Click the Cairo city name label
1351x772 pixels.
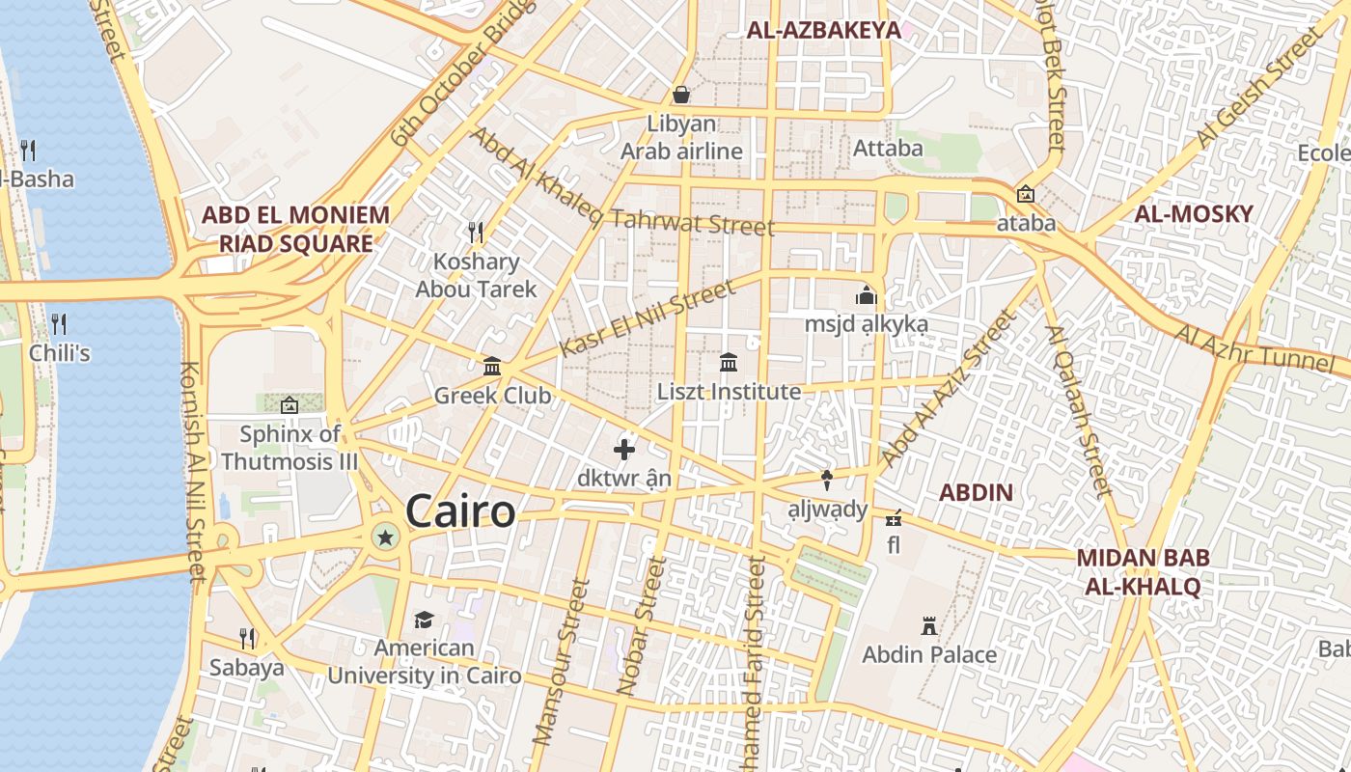click(x=460, y=510)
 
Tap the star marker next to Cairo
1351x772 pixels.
click(x=385, y=537)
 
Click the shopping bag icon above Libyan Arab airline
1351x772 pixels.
click(x=681, y=95)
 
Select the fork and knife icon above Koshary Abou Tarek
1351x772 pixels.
click(x=476, y=232)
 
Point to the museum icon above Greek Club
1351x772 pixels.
click(x=492, y=366)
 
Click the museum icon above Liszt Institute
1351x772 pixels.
click(x=729, y=363)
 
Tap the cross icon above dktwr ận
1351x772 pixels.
click(x=624, y=449)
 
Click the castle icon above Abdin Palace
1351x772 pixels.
click(x=929, y=625)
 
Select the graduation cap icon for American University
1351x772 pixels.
click(x=424, y=619)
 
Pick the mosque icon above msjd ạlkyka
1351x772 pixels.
click(x=866, y=294)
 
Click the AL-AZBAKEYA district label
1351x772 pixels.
click(x=823, y=31)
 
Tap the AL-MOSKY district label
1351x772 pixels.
click(x=1194, y=214)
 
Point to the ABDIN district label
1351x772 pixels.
click(x=976, y=493)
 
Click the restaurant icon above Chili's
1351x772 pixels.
click(x=59, y=323)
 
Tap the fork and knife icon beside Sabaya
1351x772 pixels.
click(x=247, y=638)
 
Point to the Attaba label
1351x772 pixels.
click(x=888, y=149)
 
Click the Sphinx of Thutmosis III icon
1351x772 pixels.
click(x=289, y=405)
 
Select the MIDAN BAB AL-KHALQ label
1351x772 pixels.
click(x=1143, y=571)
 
